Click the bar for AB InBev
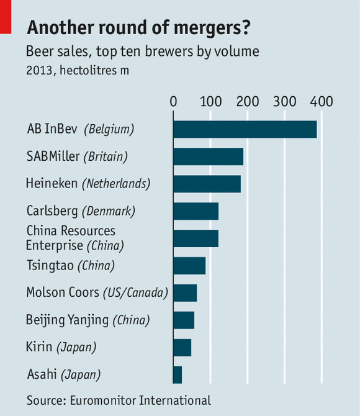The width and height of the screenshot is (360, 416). pos(245,129)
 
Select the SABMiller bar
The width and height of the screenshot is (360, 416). pos(208,156)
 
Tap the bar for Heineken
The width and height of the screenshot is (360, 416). pos(207,184)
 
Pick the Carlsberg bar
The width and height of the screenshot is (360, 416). pos(196,211)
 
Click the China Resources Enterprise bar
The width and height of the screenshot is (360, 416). pos(196,238)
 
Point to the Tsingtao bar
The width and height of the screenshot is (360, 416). pos(189,266)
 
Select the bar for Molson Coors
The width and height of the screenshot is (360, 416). pos(185,293)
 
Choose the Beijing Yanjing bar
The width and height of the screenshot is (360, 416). pos(184,320)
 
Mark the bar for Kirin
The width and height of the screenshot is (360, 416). pos(182,348)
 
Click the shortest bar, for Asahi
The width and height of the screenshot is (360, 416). pos(178,375)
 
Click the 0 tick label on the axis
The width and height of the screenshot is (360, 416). pos(173,101)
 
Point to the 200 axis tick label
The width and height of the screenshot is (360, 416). pos(248,101)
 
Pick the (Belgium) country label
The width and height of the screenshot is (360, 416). pos(109,130)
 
